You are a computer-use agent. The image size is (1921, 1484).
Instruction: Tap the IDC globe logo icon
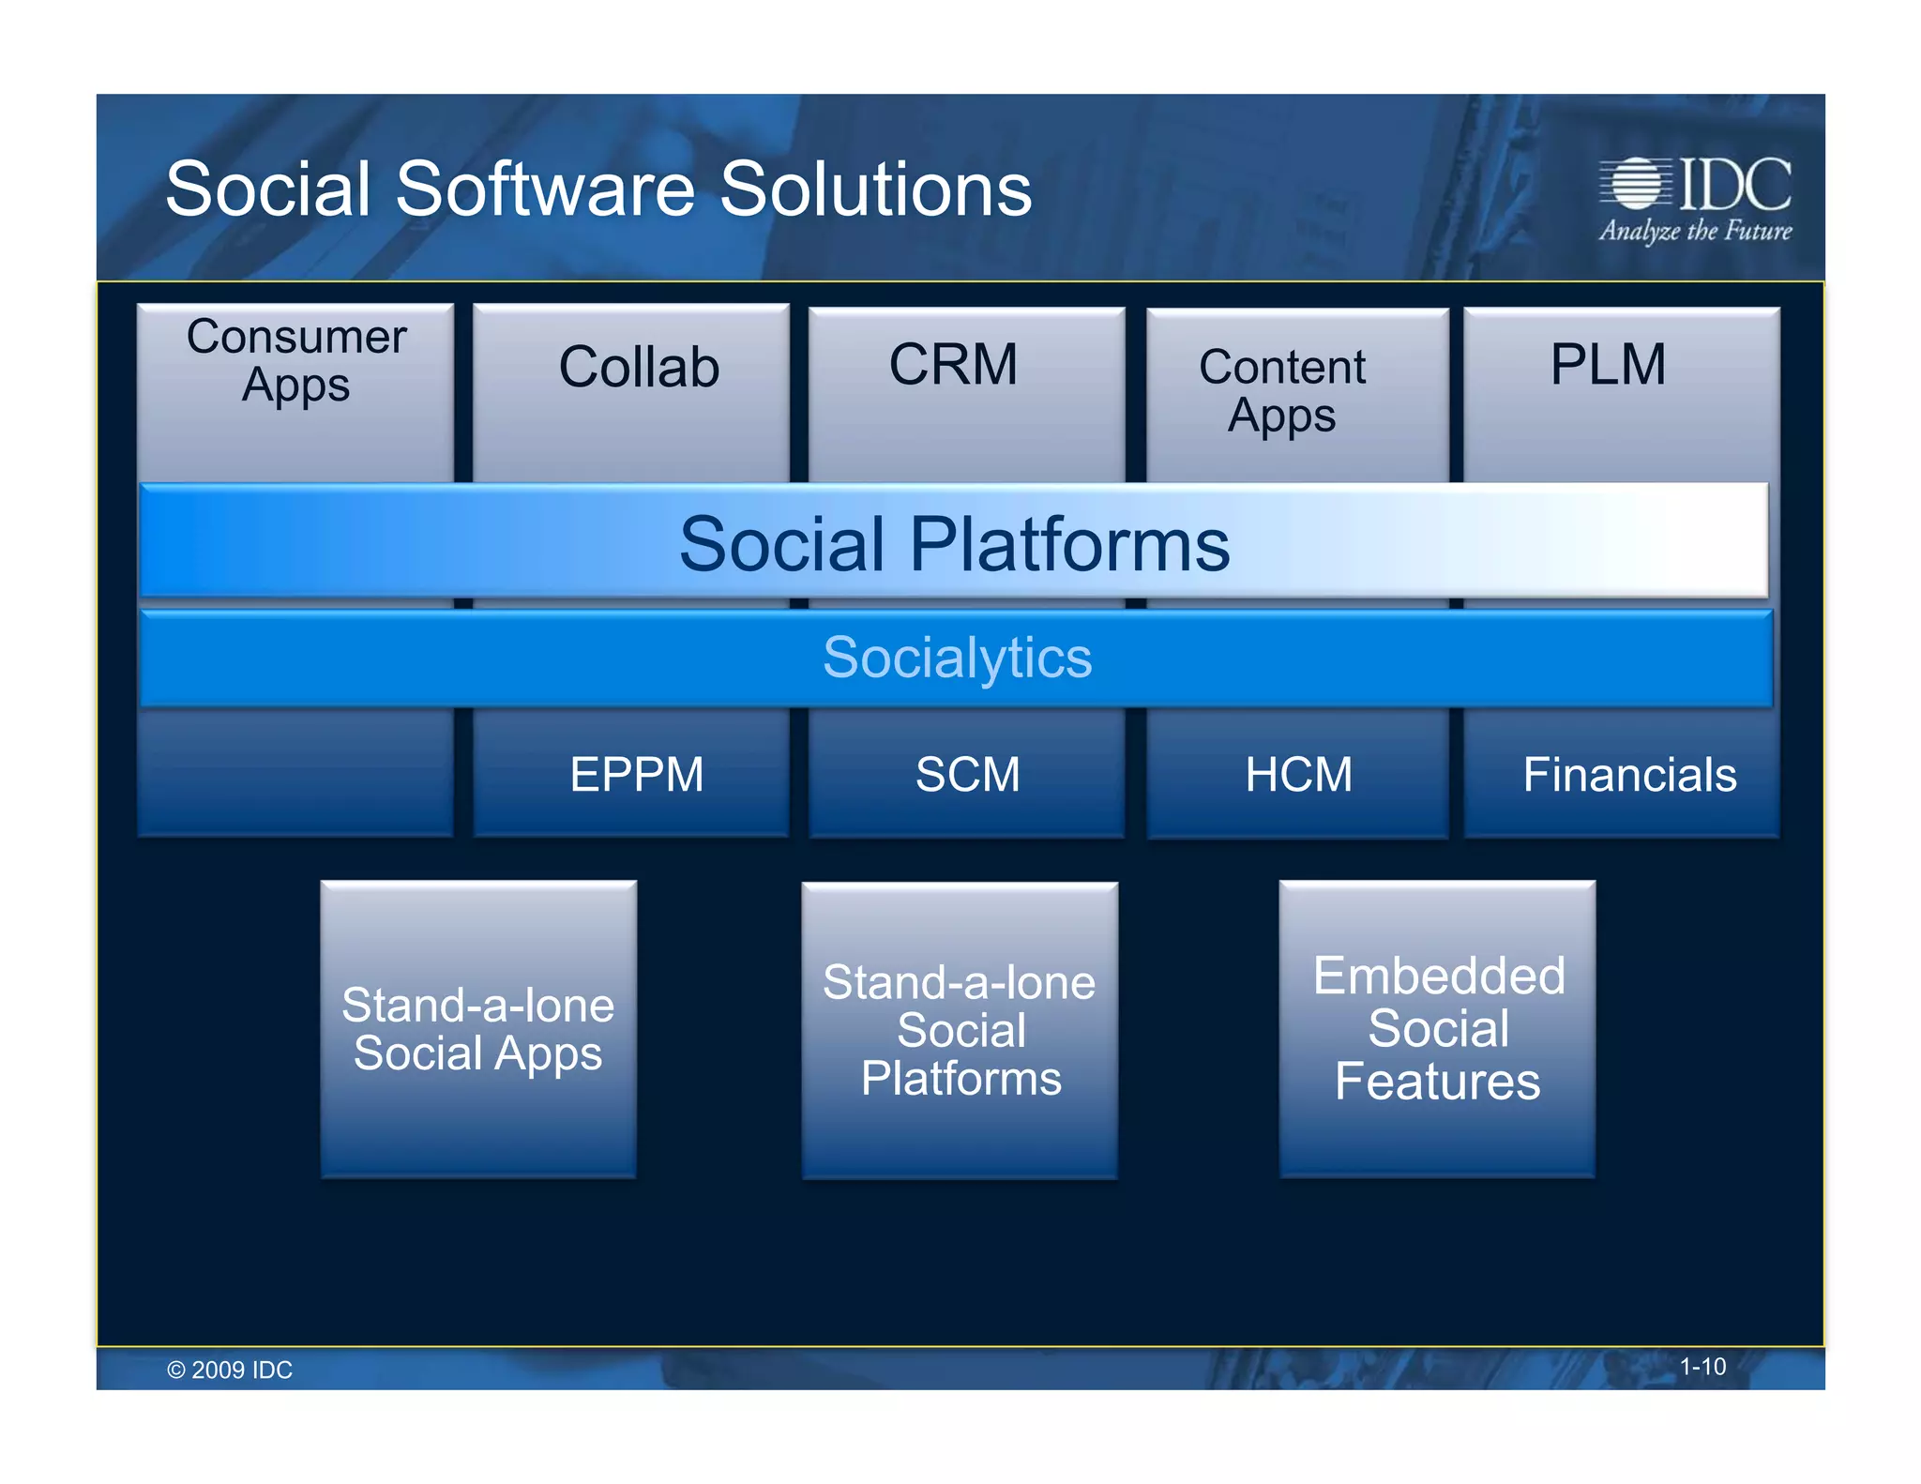[x=1636, y=183]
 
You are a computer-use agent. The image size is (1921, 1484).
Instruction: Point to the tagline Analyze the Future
[x=1695, y=231]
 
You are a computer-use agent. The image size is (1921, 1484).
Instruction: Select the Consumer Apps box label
[x=296, y=360]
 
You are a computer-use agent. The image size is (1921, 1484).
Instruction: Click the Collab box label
[x=639, y=367]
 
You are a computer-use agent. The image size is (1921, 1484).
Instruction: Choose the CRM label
[x=953, y=364]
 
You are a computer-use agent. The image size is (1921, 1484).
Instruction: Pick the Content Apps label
[x=1282, y=390]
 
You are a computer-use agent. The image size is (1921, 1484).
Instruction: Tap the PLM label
[x=1608, y=364]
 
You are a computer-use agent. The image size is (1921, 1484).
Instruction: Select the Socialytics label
[x=957, y=657]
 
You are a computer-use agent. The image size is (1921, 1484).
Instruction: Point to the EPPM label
[x=637, y=775]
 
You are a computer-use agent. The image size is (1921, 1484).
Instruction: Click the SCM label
[x=967, y=775]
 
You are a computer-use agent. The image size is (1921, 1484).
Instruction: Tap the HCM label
[x=1299, y=775]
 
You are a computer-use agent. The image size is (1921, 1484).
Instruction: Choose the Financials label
[x=1629, y=775]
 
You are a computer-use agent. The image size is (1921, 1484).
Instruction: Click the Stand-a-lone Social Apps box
[x=478, y=1029]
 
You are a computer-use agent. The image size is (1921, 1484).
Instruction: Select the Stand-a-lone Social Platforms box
[x=960, y=1030]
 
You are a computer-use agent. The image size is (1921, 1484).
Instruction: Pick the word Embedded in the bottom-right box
[x=1439, y=976]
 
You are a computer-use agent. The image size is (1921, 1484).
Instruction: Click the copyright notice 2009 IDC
[x=230, y=1370]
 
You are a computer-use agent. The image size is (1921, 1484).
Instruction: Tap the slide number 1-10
[x=1702, y=1367]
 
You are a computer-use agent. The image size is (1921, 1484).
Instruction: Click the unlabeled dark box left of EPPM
[x=295, y=773]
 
